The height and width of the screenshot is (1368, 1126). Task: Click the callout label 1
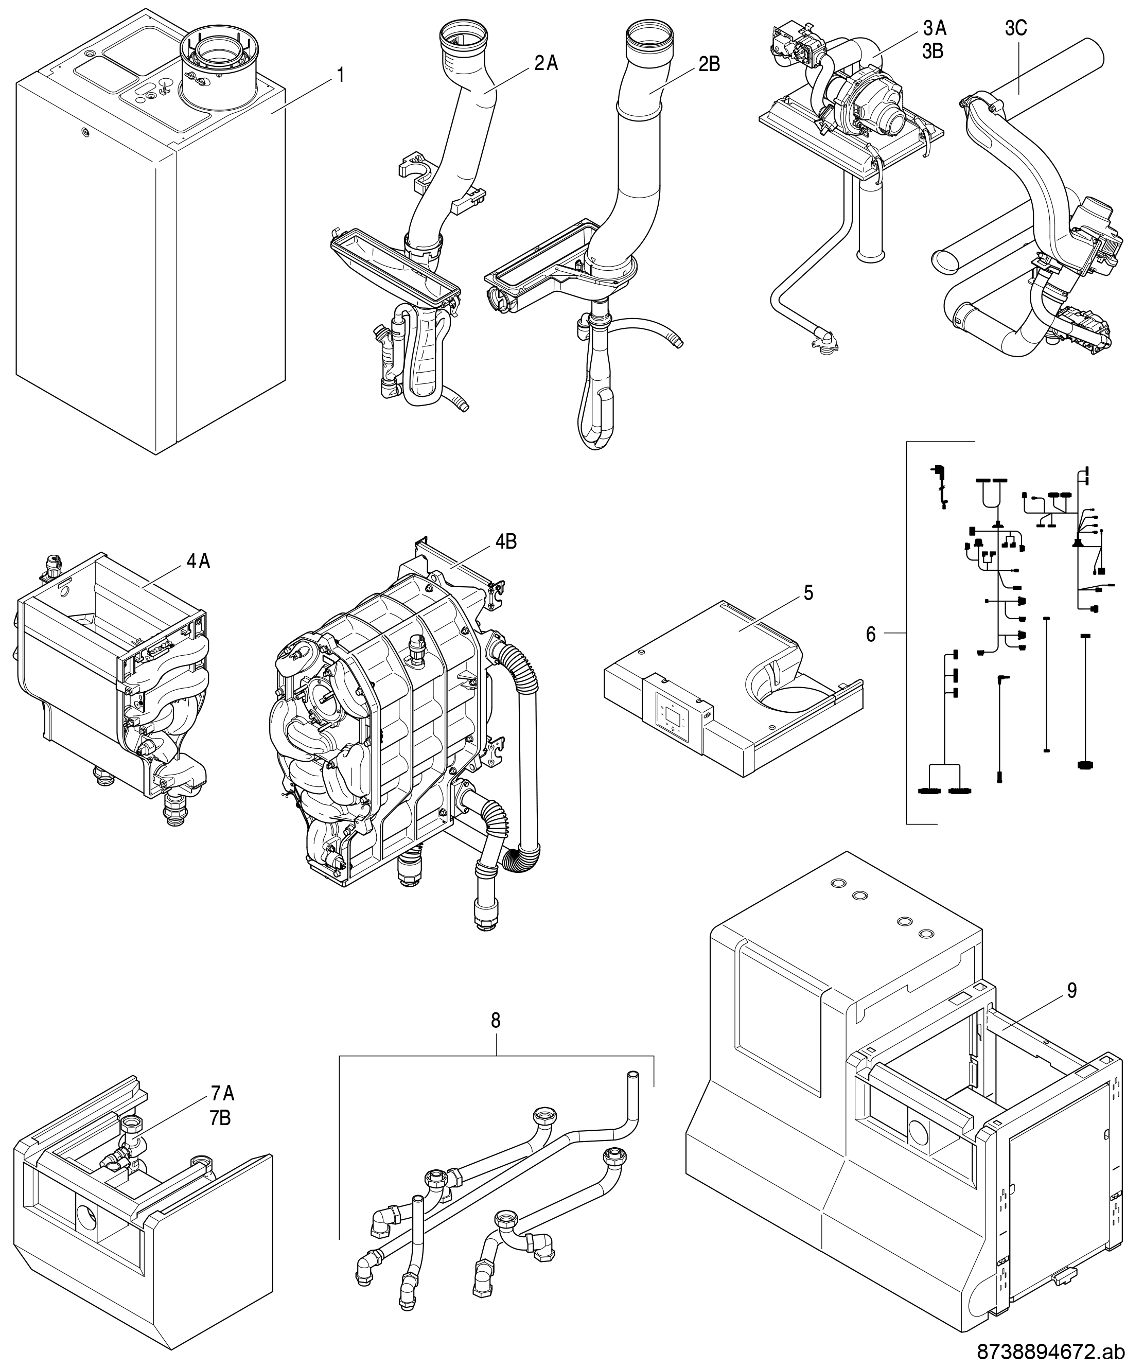click(x=340, y=75)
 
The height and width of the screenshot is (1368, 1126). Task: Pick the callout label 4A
click(x=199, y=562)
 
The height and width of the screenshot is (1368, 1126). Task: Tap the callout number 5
click(x=808, y=593)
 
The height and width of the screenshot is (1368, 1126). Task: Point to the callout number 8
click(x=496, y=1020)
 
